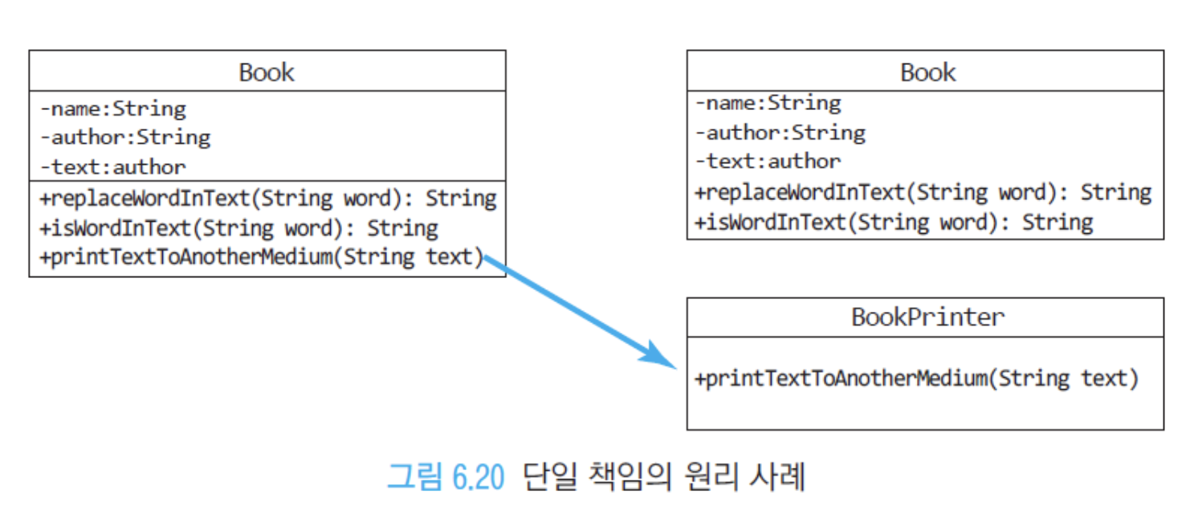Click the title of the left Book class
coord(266,72)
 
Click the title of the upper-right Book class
coord(927,72)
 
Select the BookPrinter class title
coord(927,317)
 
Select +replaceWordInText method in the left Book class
coord(268,199)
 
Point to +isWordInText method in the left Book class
coord(239,228)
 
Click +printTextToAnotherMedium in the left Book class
coord(262,257)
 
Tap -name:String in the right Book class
coord(768,103)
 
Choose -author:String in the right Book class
coord(781,133)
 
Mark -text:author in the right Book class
coord(768,162)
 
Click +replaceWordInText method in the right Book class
coord(923,193)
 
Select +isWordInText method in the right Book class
coord(894,223)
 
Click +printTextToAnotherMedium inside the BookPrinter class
coord(917,379)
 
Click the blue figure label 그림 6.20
coord(446,477)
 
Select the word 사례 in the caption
coord(778,476)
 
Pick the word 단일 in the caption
coord(550,476)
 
